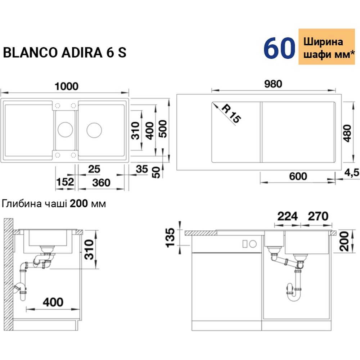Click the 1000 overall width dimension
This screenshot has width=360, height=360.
point(66,86)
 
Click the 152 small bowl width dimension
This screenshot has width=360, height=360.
point(65,182)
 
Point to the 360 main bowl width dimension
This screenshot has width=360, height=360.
point(101,182)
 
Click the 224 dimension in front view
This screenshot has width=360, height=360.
point(288,216)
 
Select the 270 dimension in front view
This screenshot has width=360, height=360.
point(318,216)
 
